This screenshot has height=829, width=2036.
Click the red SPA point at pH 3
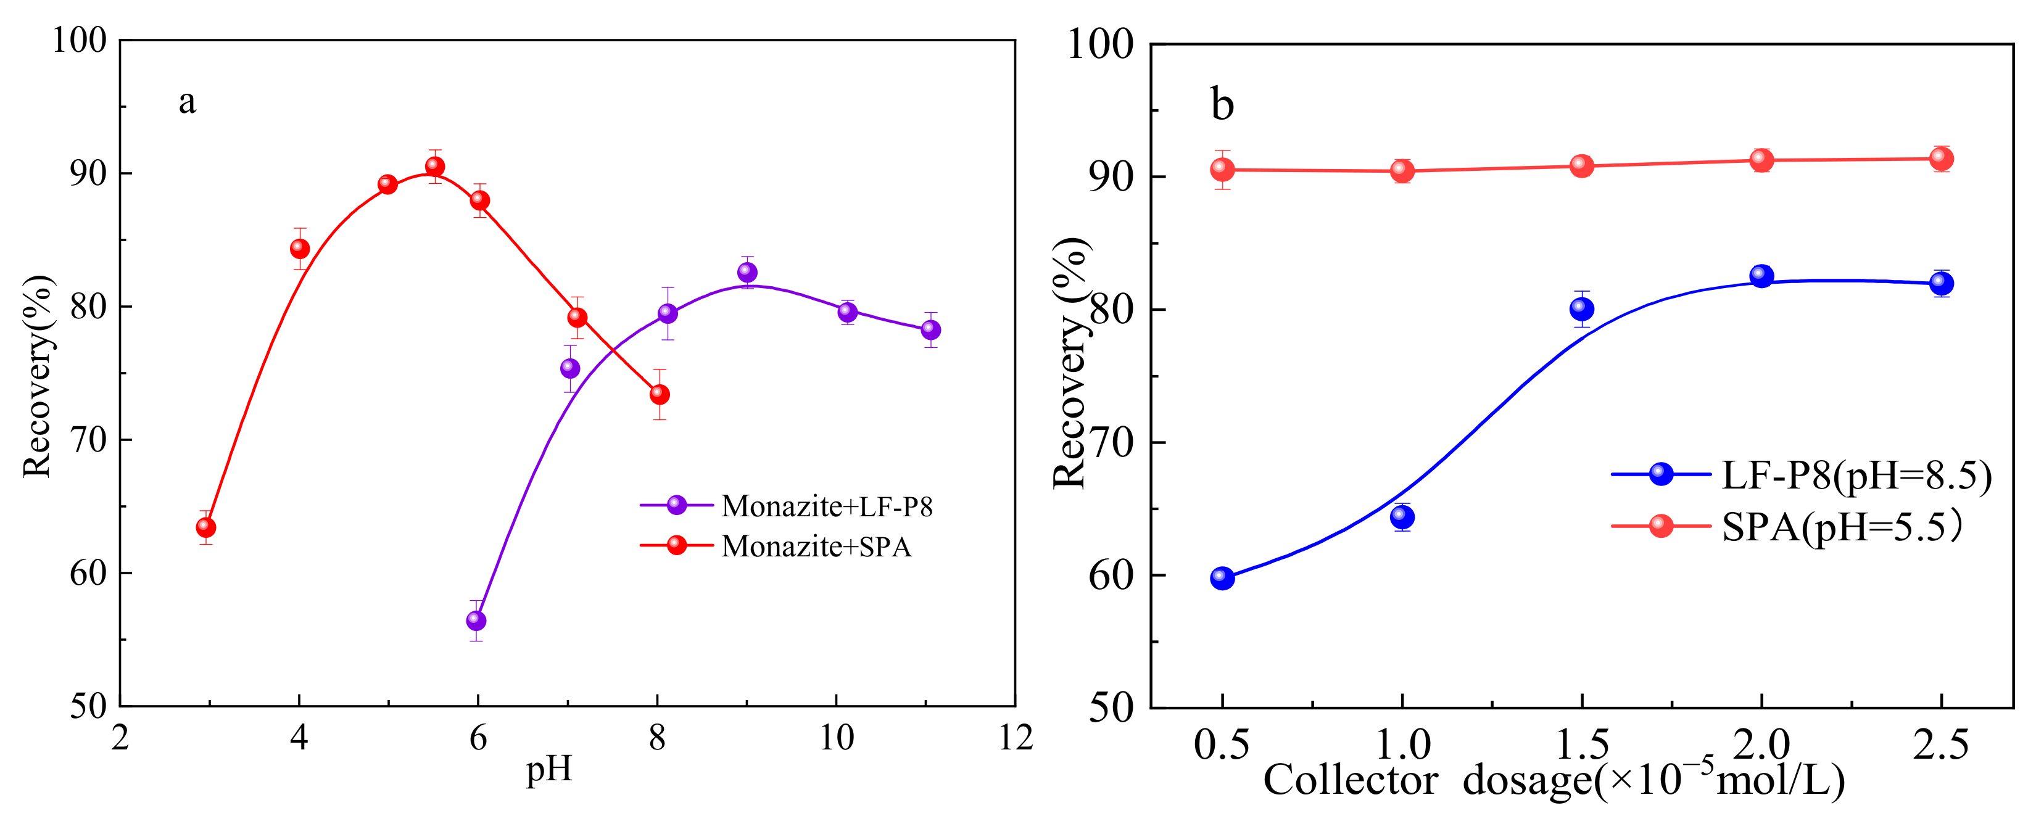pos(205,527)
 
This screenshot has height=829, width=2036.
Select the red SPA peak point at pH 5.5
pos(435,166)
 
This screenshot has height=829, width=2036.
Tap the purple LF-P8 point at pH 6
pos(476,621)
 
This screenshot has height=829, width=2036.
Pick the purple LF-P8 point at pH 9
pos(747,272)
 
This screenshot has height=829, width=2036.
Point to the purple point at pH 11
pos(931,329)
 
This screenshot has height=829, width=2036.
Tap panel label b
pos(1222,105)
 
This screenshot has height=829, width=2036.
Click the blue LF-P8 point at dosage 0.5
pos(1222,578)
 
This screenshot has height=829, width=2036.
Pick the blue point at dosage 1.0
pos(1402,516)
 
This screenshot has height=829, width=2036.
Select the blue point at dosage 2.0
pos(1761,276)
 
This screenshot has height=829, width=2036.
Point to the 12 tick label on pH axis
pos(1016,738)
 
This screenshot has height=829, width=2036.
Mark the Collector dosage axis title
pos(1553,781)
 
